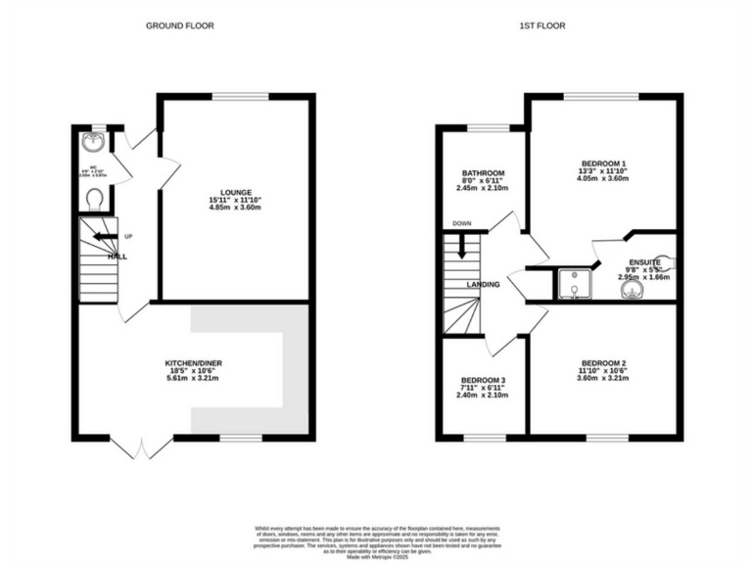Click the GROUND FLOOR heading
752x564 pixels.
pyautogui.click(x=180, y=25)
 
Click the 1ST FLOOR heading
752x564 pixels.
pyautogui.click(x=540, y=25)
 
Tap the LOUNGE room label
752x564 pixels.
pyautogui.click(x=237, y=192)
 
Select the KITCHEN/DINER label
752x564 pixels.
pyautogui.click(x=193, y=363)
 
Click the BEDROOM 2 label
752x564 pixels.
pyautogui.click(x=603, y=364)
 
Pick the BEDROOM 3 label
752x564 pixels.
pyautogui.click(x=484, y=379)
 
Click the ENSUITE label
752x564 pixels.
pyautogui.click(x=643, y=262)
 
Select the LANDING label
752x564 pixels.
pyautogui.click(x=485, y=285)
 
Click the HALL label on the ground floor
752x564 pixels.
pyautogui.click(x=117, y=257)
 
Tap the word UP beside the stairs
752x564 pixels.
pyautogui.click(x=128, y=236)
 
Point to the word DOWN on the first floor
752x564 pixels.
pyautogui.click(x=461, y=224)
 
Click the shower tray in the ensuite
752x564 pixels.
pyautogui.click(x=570, y=284)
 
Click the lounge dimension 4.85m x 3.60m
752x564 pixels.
pyautogui.click(x=237, y=209)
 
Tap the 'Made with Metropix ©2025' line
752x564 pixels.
pyautogui.click(x=376, y=555)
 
